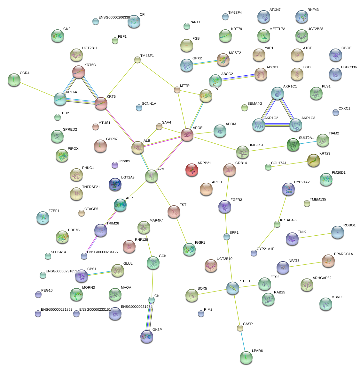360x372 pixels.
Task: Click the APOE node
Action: tap(187, 135)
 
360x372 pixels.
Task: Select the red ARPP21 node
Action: tap(192, 170)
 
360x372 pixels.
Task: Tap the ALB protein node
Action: tap(138, 147)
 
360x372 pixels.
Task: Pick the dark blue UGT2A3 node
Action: tap(115, 184)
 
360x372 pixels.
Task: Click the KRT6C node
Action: tap(78, 72)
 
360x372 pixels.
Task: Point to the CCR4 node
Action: tap(14, 80)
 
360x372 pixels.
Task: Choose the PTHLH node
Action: tap(233, 288)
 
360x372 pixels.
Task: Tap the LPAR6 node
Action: tap(246, 358)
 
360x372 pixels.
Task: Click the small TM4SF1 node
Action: tap(137, 60)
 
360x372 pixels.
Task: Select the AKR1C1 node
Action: tap(277, 93)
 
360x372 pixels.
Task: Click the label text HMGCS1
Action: tap(256, 145)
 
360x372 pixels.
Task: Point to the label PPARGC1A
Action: tap(343, 254)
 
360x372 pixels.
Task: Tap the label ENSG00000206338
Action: tap(114, 18)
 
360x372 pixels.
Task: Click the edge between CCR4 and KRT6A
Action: tap(37, 89)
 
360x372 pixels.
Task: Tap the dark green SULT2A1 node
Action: tap(293, 145)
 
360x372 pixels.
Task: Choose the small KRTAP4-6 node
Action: tap(277, 224)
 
